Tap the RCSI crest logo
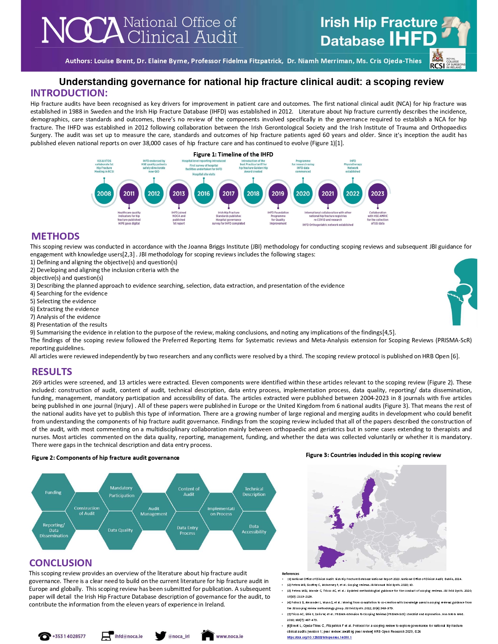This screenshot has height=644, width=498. click(x=437, y=59)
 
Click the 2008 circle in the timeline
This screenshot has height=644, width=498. click(x=104, y=194)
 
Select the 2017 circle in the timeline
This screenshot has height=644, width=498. click(x=228, y=194)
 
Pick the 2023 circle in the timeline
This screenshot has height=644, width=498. click(x=377, y=194)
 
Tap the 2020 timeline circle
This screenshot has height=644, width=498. click(x=303, y=194)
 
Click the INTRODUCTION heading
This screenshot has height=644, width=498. click(x=69, y=93)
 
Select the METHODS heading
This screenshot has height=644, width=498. click(x=55, y=236)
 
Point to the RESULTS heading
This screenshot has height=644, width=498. click(x=52, y=372)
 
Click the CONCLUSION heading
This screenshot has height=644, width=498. click(x=61, y=563)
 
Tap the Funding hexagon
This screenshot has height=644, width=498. click(x=53, y=493)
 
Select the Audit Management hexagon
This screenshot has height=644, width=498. click(x=154, y=511)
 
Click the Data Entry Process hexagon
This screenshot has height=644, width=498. click(x=187, y=530)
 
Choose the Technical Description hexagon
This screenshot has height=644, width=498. click(x=254, y=492)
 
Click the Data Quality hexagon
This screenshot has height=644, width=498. click(x=120, y=530)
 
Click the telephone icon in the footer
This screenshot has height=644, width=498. click(x=45, y=636)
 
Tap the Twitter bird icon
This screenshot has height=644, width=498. click(x=161, y=636)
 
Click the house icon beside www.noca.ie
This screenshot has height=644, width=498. click(x=208, y=635)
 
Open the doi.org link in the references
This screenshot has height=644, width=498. click(x=319, y=637)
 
